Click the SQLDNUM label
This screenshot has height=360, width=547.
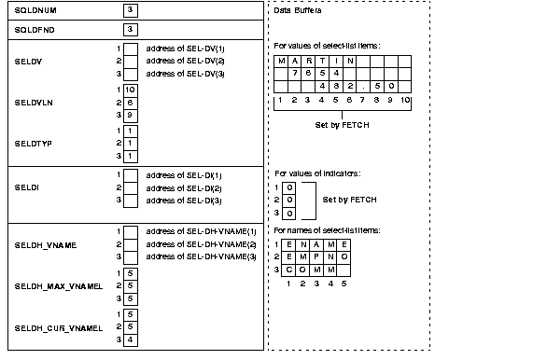[x=34, y=11]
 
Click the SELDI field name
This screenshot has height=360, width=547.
[x=26, y=187]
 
